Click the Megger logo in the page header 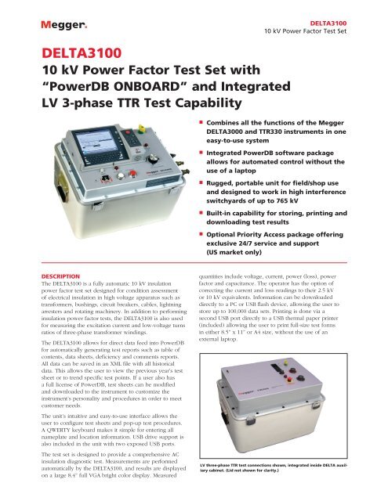64,25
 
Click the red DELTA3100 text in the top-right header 328,23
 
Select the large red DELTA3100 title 82,53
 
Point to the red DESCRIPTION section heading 60,276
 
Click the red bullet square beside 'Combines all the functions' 201,122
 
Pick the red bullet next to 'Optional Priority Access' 201,234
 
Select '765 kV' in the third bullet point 287,201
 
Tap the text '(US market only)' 234,252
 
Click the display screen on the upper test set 99,142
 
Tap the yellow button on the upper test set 141,128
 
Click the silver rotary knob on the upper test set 153,159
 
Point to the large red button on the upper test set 132,174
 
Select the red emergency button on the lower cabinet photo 290,379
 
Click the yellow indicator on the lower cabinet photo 285,362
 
